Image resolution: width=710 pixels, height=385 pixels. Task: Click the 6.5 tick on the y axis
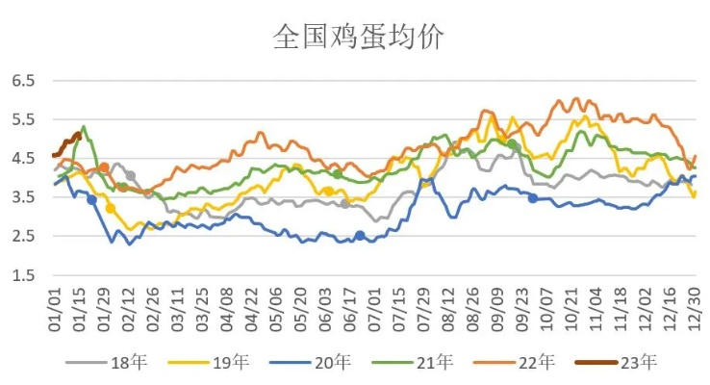23,81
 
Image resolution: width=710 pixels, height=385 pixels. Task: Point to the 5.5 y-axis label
23,119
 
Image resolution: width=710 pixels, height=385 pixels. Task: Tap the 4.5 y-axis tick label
23,159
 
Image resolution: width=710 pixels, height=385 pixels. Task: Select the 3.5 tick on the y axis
23,197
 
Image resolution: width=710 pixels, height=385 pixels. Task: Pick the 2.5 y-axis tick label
23,236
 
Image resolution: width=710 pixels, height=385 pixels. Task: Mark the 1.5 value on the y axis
23,275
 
